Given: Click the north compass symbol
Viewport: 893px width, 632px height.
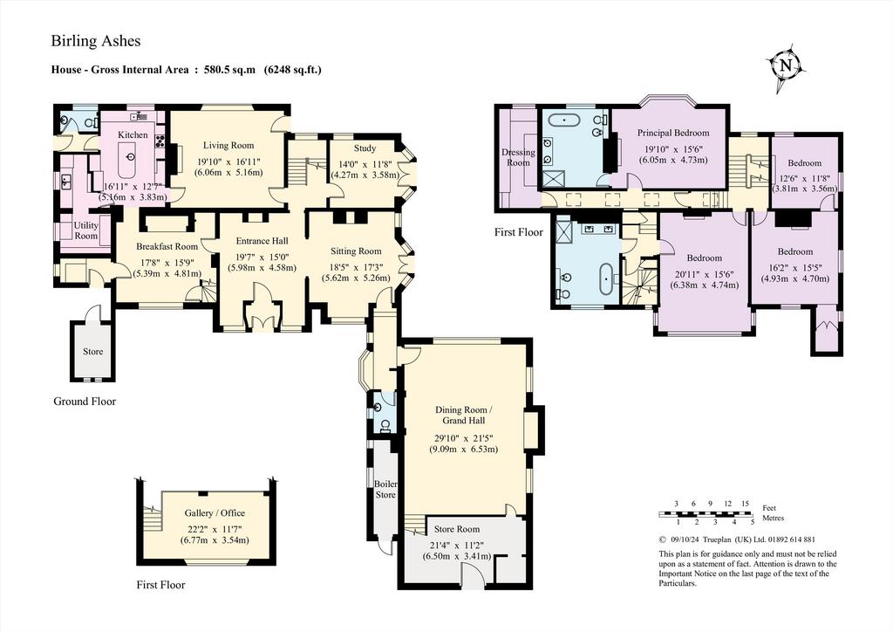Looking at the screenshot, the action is pyautogui.click(x=787, y=67).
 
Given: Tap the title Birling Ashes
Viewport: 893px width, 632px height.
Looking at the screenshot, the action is pyautogui.click(x=96, y=41).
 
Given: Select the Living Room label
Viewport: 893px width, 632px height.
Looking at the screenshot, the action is pyautogui.click(x=229, y=145).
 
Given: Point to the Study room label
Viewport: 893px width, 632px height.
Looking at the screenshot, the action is pyautogui.click(x=365, y=148).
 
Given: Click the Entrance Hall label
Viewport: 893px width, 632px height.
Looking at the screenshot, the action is pyautogui.click(x=262, y=241).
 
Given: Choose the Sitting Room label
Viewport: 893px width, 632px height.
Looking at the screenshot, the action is pyautogui.click(x=356, y=251).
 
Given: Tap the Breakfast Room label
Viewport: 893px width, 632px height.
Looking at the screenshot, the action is pyautogui.click(x=167, y=247).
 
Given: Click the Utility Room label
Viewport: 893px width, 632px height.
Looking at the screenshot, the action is pyautogui.click(x=86, y=230).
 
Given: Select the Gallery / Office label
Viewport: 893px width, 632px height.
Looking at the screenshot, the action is pyautogui.click(x=215, y=513).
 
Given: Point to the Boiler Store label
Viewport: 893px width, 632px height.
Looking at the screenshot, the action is pyautogui.click(x=385, y=490).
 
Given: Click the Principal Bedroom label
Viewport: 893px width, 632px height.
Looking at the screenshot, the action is pyautogui.click(x=673, y=134).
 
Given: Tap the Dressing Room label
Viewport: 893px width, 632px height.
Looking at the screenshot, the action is pyautogui.click(x=518, y=157).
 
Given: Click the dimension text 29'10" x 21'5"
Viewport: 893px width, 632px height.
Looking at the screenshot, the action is pyautogui.click(x=464, y=438).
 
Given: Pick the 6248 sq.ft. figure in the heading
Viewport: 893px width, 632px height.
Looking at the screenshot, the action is pyautogui.click(x=293, y=70).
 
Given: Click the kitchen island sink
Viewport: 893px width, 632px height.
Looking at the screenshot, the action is pyautogui.click(x=132, y=157).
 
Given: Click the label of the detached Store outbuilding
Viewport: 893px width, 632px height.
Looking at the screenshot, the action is pyautogui.click(x=92, y=352).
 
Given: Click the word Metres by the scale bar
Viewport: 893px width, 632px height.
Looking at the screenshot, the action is pyautogui.click(x=773, y=518).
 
